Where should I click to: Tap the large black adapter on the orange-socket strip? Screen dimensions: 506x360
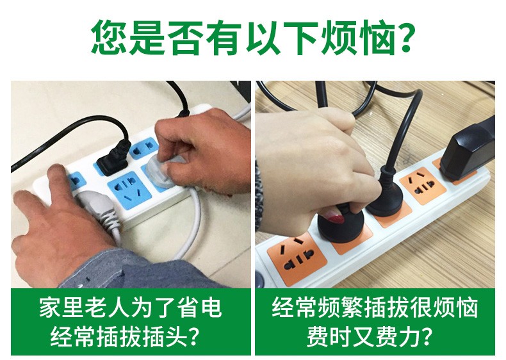[x=468, y=151]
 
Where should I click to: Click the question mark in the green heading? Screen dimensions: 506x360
[x=402, y=37]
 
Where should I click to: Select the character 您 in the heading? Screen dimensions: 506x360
[x=110, y=37]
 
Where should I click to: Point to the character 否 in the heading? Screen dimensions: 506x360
[x=186, y=37]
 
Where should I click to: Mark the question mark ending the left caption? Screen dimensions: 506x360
[x=193, y=336]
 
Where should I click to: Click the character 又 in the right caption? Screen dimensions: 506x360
[x=363, y=336]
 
